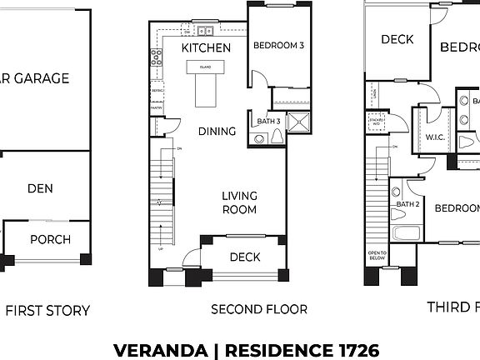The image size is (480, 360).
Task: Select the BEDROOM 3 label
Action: pos(278,45)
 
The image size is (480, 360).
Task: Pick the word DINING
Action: pos(217,131)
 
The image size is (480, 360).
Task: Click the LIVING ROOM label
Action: pos(239,202)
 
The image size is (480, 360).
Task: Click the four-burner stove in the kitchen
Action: pos(156,57)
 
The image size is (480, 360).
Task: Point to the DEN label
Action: pos(40,188)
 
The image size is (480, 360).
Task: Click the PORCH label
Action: pos(50,240)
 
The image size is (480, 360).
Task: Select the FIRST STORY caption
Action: pos(47,311)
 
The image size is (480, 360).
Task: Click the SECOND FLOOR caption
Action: pos(258,309)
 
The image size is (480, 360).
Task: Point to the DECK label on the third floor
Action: pos(398,39)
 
